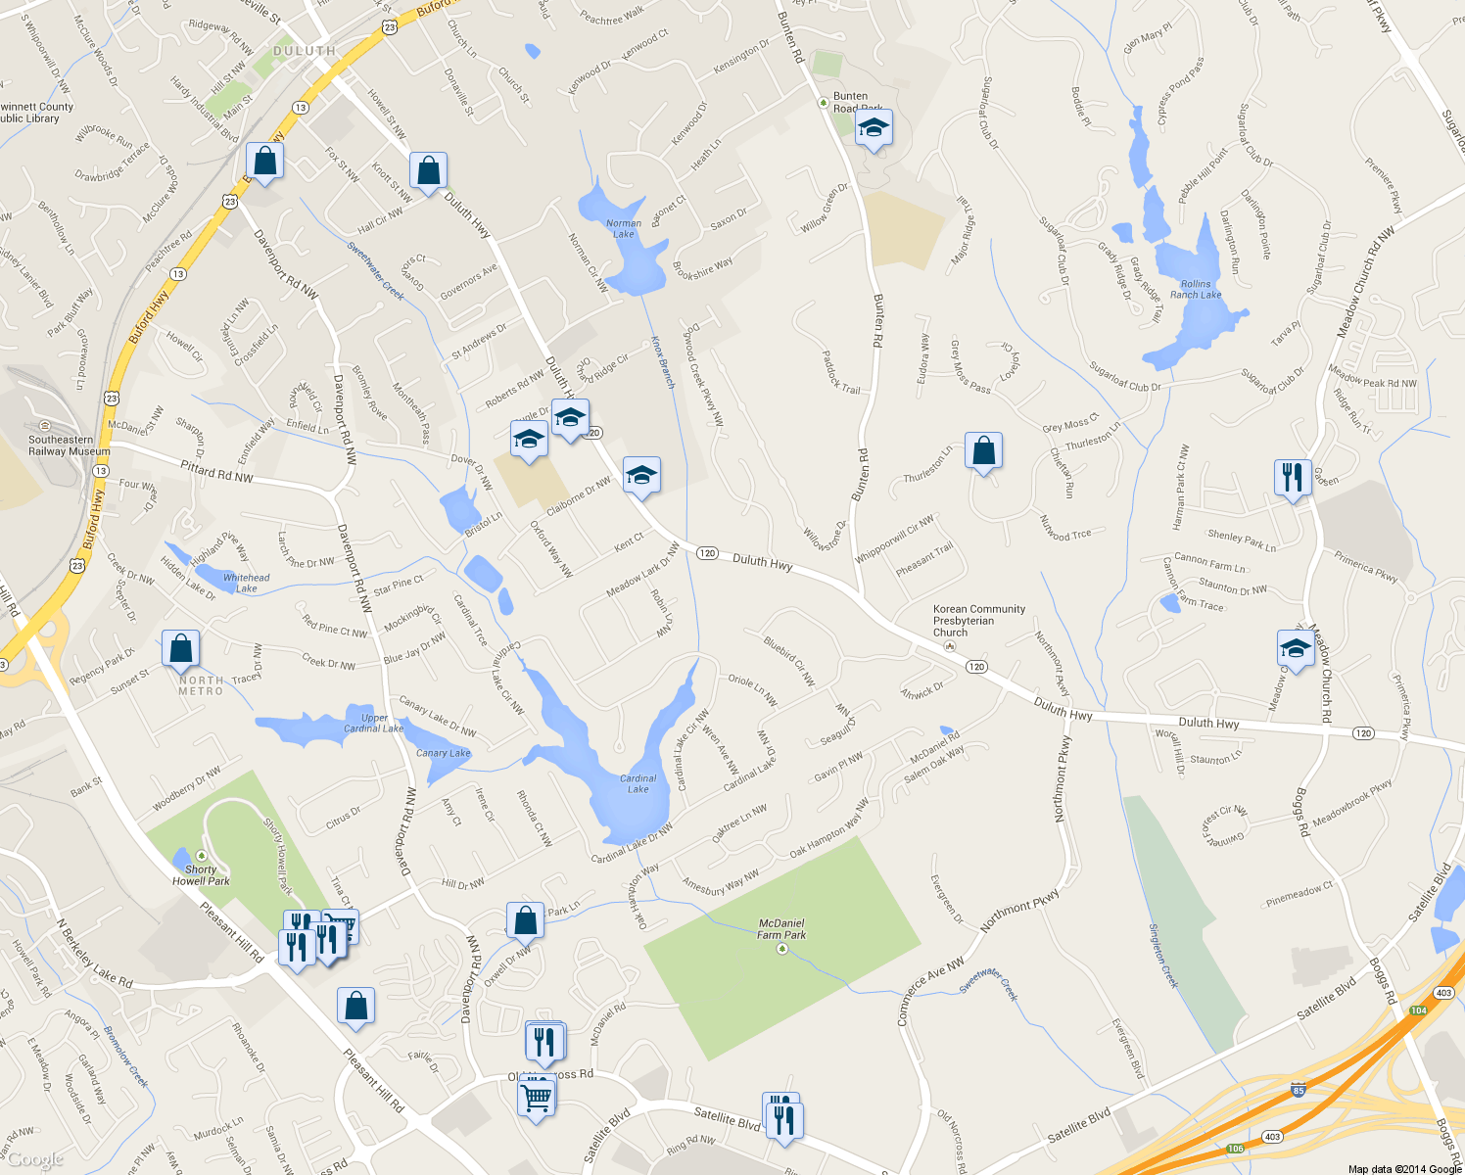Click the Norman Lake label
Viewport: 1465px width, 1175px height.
pyautogui.click(x=624, y=229)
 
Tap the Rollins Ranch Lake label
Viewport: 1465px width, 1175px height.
pyautogui.click(x=1196, y=290)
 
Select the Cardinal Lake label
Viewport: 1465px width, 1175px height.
pyautogui.click(x=638, y=783)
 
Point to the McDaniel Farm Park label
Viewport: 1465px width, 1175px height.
pyautogui.click(x=781, y=929)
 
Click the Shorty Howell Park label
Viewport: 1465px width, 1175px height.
pyautogui.click(x=201, y=875)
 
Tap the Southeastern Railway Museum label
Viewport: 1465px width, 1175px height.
pyautogui.click(x=69, y=446)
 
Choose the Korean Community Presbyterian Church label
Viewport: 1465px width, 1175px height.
pyautogui.click(x=978, y=621)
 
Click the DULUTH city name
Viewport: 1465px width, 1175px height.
pyautogui.click(x=305, y=51)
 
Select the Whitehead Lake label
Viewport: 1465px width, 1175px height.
pyautogui.click(x=246, y=583)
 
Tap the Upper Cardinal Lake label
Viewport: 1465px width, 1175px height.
pyautogui.click(x=373, y=723)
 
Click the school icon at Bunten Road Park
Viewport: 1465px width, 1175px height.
pyautogui.click(x=874, y=127)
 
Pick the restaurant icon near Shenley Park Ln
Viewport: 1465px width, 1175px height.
pyautogui.click(x=1293, y=477)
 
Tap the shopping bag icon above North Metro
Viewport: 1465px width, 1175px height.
pyautogui.click(x=180, y=648)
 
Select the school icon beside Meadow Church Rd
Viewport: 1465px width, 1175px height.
pyautogui.click(x=1296, y=648)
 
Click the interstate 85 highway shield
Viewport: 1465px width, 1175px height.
pyautogui.click(x=1299, y=1090)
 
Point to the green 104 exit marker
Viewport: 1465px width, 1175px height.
pyautogui.click(x=1418, y=1010)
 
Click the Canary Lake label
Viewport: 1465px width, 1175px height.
pyautogui.click(x=443, y=753)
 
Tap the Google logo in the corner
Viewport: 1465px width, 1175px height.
pyautogui.click(x=35, y=1160)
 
